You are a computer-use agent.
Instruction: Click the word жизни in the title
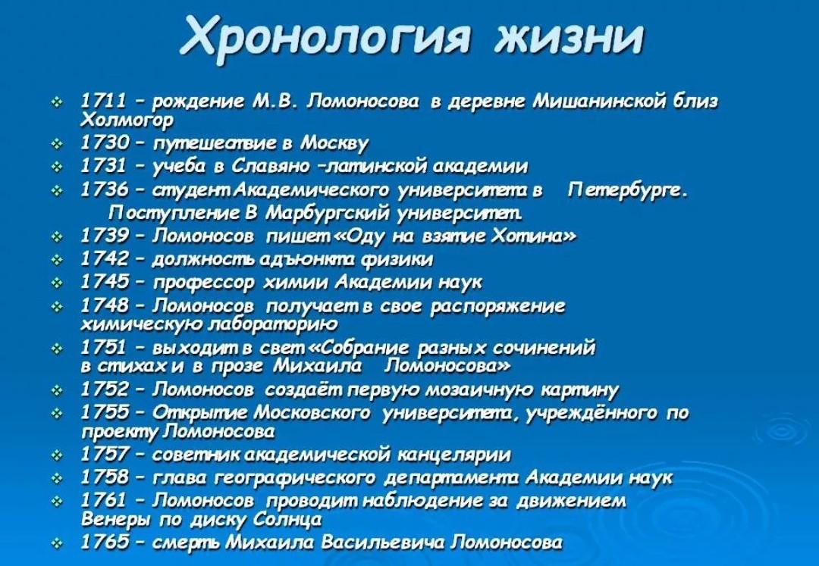pyautogui.click(x=570, y=36)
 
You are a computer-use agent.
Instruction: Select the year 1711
pyautogui.click(x=105, y=101)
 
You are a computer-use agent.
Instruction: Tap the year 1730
pyautogui.click(x=105, y=142)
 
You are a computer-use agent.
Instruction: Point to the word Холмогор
pyautogui.click(x=127, y=120)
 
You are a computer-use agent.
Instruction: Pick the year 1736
pyautogui.click(x=105, y=189)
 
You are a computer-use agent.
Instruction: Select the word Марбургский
pyautogui.click(x=328, y=213)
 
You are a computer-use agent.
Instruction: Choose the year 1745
pyautogui.click(x=105, y=282)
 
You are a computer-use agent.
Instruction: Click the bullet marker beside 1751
pyautogui.click(x=57, y=348)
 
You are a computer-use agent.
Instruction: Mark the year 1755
pyautogui.click(x=105, y=412)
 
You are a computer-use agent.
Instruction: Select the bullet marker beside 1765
pyautogui.click(x=57, y=543)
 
